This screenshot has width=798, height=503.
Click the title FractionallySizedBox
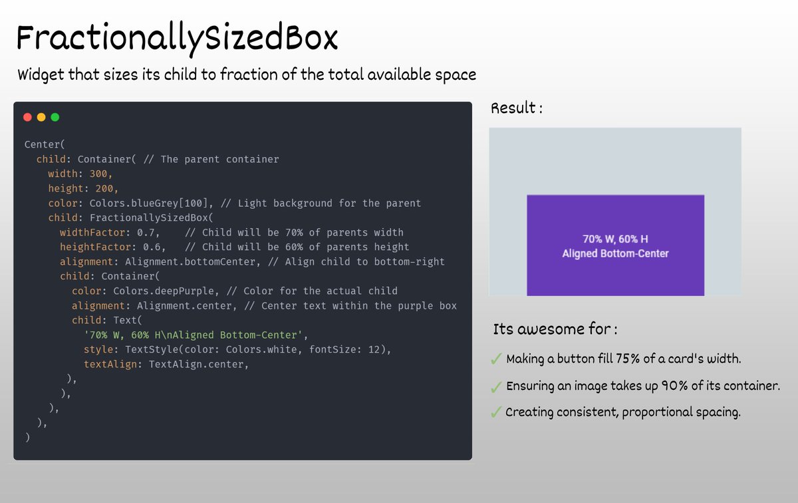pyautogui.click(x=177, y=39)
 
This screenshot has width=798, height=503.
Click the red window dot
pyautogui.click(x=27, y=117)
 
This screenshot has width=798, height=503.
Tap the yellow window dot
pyautogui.click(x=41, y=117)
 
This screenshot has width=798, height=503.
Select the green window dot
pyautogui.click(x=55, y=117)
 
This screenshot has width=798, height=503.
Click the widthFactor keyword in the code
pyautogui.click(x=95, y=232)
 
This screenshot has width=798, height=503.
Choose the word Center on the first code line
pyautogui.click(x=42, y=144)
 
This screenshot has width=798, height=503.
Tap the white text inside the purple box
pyautogui.click(x=615, y=246)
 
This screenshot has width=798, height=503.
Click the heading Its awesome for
pyautogui.click(x=555, y=329)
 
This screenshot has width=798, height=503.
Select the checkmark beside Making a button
pyautogui.click(x=495, y=360)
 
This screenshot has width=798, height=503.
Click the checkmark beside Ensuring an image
pyautogui.click(x=495, y=387)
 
